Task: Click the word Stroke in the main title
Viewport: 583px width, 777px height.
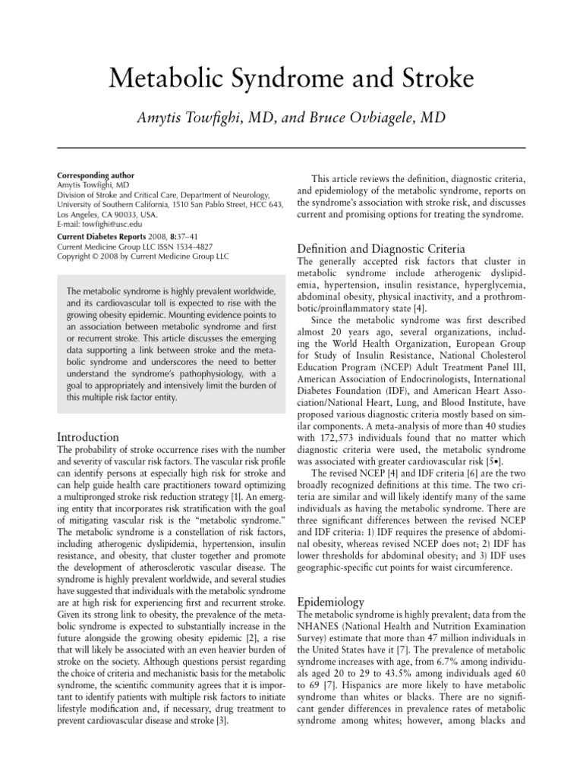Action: tap(435, 79)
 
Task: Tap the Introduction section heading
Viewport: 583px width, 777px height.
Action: tap(88, 437)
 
